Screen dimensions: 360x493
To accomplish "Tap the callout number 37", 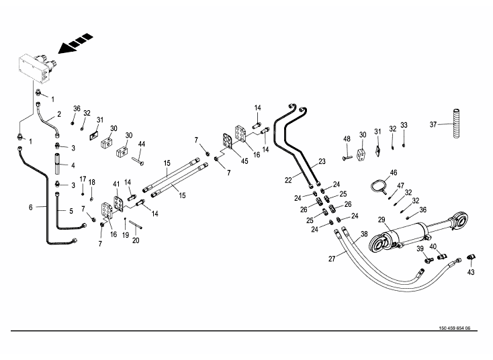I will coord(433,124).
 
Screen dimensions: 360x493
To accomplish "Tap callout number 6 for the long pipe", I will coord(31,207).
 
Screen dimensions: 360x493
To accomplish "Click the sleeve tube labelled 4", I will coord(58,165).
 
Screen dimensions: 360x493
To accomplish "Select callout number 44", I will coord(142,144).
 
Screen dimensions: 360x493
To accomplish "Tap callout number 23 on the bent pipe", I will coord(322,161).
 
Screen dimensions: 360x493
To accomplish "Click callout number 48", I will coord(347,139).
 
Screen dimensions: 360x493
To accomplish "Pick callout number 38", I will coord(364,234).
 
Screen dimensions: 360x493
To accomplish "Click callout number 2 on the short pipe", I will coord(59,114).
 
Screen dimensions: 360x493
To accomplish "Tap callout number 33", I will coord(404,125).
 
